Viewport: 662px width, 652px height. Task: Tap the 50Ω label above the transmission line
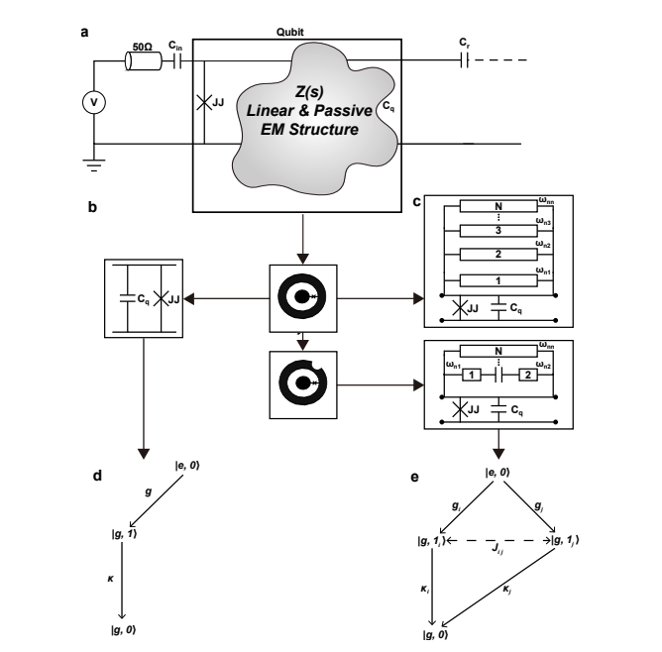143,46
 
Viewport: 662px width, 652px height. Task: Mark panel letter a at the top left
84,31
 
